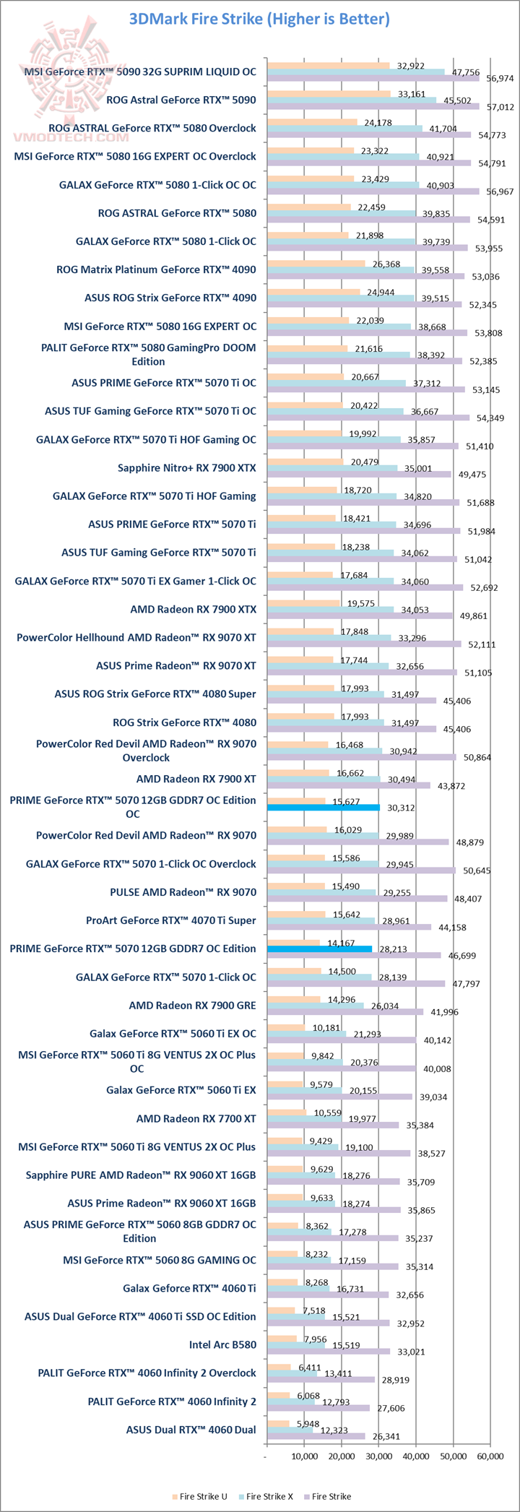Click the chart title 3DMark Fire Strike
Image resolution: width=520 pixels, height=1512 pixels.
(x=259, y=20)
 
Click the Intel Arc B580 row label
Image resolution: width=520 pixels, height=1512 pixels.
(x=222, y=1344)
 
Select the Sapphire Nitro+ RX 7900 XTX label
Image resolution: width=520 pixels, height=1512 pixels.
(x=186, y=467)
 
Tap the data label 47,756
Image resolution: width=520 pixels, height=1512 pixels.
(x=466, y=72)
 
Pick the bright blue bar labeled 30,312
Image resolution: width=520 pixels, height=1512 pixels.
(x=324, y=808)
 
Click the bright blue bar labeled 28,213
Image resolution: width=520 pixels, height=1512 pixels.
(x=319, y=949)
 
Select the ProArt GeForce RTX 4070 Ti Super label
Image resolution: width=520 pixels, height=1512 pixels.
(x=170, y=920)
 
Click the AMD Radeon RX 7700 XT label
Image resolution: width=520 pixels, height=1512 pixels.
(x=196, y=1118)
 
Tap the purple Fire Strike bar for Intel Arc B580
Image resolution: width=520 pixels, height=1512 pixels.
(x=329, y=1351)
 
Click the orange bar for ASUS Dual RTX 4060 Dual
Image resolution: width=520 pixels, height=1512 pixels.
(x=278, y=1422)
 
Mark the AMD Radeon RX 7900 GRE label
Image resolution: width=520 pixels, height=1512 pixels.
(x=192, y=1005)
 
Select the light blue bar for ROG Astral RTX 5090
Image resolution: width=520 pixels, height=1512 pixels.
(x=352, y=100)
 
